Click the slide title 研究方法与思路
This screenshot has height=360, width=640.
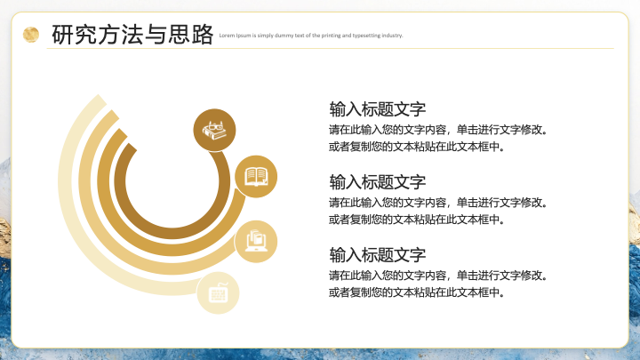[132, 35]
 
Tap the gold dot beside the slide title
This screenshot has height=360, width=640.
[31, 35]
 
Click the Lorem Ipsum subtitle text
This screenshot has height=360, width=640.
[311, 36]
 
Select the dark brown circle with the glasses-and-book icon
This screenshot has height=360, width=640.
[214, 130]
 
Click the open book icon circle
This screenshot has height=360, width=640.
[256, 176]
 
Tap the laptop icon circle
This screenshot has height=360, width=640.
[256, 242]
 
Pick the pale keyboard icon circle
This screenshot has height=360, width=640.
[218, 293]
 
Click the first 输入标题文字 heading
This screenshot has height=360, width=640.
[378, 109]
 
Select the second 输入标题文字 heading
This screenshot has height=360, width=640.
[378, 182]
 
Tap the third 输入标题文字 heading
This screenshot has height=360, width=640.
[378, 255]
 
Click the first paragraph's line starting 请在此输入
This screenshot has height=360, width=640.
[438, 130]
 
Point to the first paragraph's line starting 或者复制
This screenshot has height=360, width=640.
[417, 147]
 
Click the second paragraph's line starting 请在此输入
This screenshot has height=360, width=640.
[438, 203]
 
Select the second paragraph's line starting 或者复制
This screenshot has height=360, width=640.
[417, 220]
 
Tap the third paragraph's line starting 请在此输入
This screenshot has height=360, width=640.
[438, 276]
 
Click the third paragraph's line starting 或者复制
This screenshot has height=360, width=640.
[417, 292]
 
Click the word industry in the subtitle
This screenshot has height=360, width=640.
[392, 36]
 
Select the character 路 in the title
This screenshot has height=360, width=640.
[203, 35]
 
